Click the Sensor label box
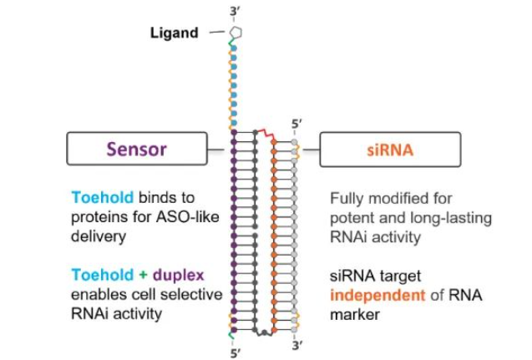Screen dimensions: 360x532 click(x=135, y=150)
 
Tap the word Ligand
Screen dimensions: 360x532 click(x=174, y=33)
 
